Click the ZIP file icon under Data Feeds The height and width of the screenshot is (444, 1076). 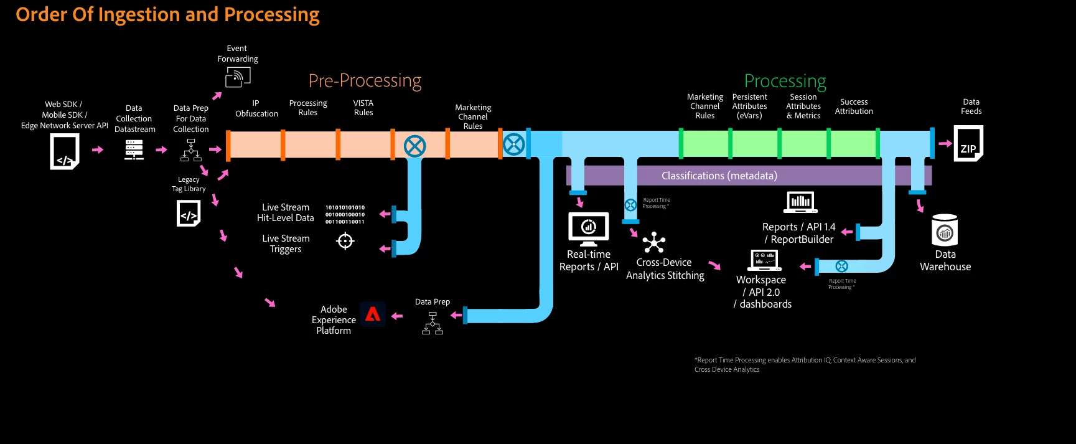968,144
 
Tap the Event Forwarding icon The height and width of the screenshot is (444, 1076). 238,77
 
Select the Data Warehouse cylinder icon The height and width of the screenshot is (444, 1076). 945,230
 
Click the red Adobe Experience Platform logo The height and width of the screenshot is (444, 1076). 373,314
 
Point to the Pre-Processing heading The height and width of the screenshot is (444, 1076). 365,81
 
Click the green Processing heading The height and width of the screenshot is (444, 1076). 785,81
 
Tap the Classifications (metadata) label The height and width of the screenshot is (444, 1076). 719,176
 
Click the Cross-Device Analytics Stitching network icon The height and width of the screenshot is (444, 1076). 654,242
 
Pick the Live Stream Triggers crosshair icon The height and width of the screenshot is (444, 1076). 345,240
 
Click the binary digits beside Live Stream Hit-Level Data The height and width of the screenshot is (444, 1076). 345,214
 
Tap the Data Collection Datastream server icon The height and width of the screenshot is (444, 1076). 134,149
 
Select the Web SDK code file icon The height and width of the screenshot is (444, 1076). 65,152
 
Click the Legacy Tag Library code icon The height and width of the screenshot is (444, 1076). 189,214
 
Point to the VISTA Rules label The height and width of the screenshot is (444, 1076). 363,108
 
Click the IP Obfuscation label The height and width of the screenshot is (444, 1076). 256,108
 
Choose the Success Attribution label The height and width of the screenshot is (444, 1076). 854,106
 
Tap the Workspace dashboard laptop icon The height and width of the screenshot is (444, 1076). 764,260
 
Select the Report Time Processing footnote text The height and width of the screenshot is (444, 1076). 805,364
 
